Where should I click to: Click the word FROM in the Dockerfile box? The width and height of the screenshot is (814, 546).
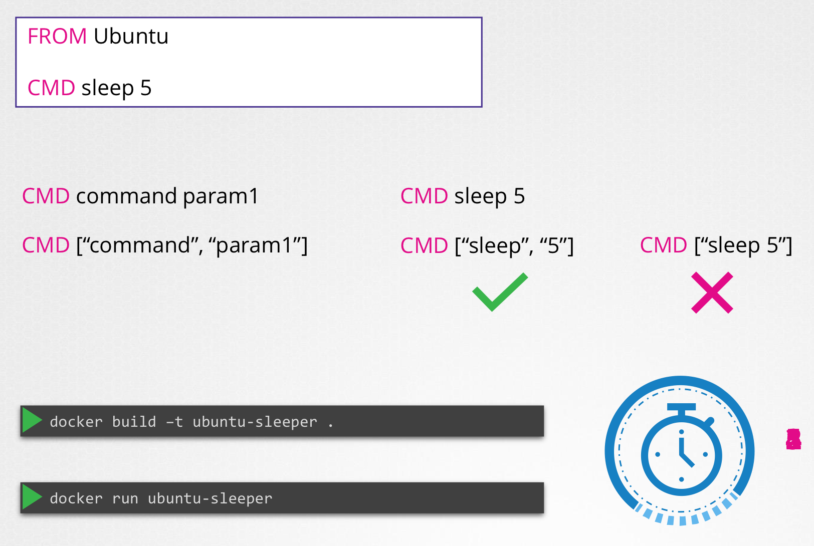pos(57,37)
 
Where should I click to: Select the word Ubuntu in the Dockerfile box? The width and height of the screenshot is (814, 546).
pos(131,37)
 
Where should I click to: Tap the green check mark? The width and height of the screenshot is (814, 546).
pos(500,292)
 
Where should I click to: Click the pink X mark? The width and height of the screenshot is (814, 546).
pos(712,293)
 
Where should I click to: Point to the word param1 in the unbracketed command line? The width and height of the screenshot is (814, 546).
pos(221,196)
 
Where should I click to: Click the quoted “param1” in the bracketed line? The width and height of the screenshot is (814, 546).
pos(258,245)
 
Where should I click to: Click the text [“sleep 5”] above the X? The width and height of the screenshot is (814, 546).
pos(743,245)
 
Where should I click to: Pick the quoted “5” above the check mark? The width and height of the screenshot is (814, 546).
pos(553,245)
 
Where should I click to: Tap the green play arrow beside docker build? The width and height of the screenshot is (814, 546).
pos(32,421)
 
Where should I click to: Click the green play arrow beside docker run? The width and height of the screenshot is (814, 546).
pos(32,497)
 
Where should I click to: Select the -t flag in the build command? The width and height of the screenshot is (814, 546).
pos(174,422)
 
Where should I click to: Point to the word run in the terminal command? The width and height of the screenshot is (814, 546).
pos(125,498)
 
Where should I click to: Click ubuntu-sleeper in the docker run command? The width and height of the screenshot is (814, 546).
pos(210,498)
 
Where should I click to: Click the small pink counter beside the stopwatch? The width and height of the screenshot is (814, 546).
pos(793,439)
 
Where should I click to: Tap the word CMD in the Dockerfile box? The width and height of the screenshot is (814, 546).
pos(51,88)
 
